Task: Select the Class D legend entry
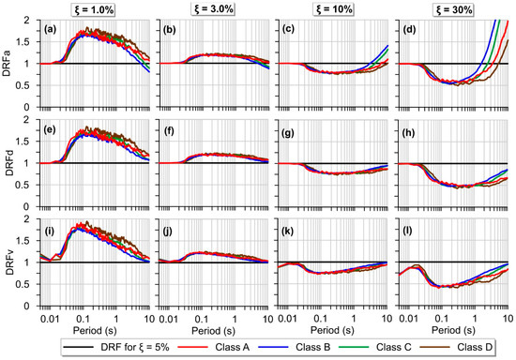(x=483, y=348)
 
